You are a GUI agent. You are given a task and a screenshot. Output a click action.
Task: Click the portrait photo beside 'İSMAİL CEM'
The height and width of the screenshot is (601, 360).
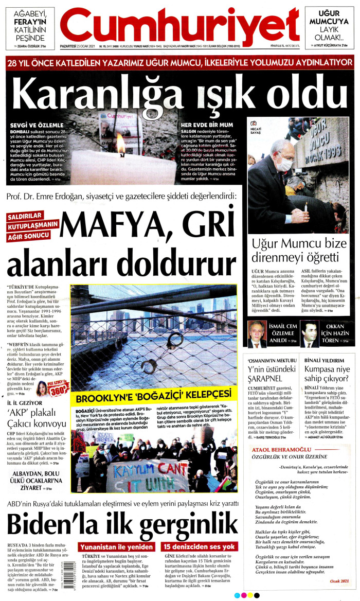[x=257, y=334]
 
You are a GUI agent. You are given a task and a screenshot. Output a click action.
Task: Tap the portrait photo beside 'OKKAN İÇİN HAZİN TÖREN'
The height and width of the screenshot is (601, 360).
[x=310, y=334]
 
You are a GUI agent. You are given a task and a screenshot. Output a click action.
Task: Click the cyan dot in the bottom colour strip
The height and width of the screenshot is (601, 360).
[x=237, y=595]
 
